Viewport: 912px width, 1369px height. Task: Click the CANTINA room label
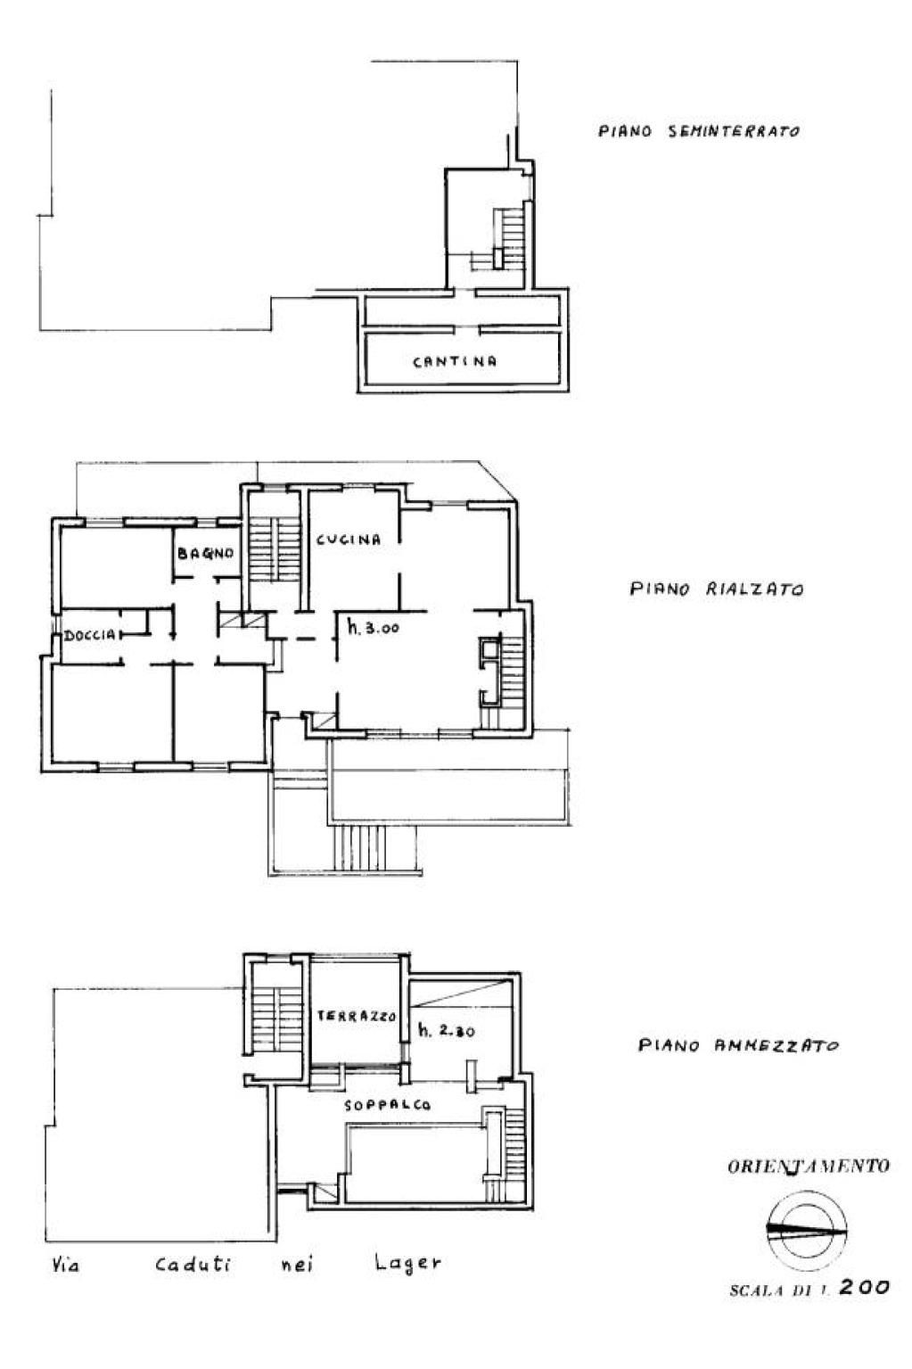455,361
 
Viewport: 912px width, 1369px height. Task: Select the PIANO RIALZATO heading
717,590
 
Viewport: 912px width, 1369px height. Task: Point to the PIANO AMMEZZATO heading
738,1045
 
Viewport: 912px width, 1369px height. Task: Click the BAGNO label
205,553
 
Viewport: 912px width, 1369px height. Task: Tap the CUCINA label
349,539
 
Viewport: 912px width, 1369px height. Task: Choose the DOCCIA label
90,635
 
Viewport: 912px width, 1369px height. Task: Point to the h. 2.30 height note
446,1030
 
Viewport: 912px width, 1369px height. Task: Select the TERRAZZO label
356,1016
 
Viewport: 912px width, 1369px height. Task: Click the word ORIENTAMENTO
808,1166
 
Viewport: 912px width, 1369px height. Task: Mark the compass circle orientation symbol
806,1230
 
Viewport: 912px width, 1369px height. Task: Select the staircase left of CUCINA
275,548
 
